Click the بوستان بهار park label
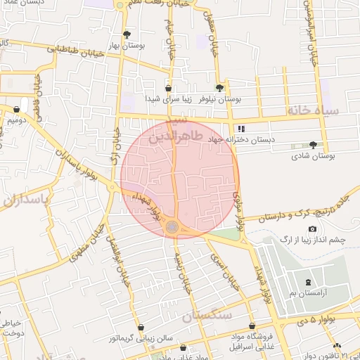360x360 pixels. coord(127,45)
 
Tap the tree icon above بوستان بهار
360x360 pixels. coord(127,34)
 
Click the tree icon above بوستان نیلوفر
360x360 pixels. coord(219,89)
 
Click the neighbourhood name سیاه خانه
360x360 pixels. coord(313,111)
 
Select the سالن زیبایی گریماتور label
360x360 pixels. coord(141,340)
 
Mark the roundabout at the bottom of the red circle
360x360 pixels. coord(172,226)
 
